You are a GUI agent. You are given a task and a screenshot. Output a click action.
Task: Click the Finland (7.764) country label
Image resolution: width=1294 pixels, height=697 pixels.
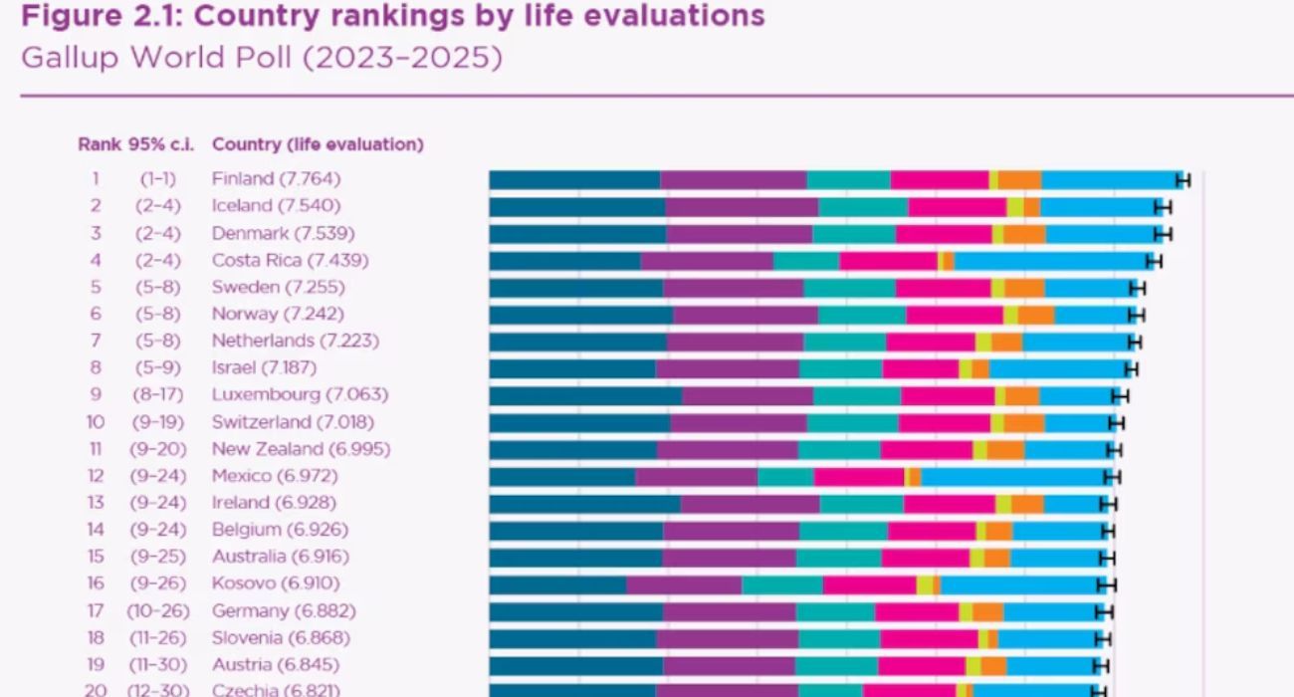pos(276,179)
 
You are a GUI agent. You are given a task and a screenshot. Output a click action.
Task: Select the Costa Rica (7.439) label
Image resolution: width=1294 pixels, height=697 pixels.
pos(290,260)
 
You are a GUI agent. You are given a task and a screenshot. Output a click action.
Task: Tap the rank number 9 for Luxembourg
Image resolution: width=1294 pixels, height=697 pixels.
pos(96,394)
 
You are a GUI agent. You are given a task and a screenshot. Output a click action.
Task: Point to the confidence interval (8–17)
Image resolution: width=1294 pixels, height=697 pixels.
pos(158,394)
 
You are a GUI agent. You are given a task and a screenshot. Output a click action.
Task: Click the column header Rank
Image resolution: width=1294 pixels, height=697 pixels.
pos(99,144)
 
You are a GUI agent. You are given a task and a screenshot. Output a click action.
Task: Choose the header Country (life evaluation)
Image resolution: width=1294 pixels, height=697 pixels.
pos(318,144)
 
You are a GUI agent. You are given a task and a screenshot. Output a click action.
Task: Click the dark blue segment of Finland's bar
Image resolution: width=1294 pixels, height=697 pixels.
pos(574,179)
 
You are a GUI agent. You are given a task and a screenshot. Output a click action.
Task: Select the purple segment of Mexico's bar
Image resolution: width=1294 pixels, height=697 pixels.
pos(697,476)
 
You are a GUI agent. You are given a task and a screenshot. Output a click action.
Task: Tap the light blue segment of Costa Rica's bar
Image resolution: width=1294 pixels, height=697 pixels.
pos(1050,260)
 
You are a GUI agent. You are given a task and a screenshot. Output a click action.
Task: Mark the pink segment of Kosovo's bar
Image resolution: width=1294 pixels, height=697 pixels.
pos(869,583)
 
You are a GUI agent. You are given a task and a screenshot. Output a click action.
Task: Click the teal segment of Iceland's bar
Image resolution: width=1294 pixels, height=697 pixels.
pos(863,206)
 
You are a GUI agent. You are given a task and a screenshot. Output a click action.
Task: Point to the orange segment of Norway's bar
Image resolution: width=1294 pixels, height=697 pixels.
pos(1035,314)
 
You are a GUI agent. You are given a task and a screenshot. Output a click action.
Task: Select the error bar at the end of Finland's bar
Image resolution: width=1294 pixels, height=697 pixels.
pos(1184,179)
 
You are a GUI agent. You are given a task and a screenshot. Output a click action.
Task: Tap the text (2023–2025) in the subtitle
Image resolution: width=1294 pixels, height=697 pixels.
pos(403,58)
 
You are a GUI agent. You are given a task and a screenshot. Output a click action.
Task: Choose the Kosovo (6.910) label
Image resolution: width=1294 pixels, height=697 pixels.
pos(276,583)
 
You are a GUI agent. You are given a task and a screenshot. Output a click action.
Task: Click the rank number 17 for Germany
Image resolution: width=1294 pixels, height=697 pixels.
pos(96,610)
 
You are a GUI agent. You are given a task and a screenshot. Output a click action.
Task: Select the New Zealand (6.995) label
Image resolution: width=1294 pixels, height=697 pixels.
pos(301,448)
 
